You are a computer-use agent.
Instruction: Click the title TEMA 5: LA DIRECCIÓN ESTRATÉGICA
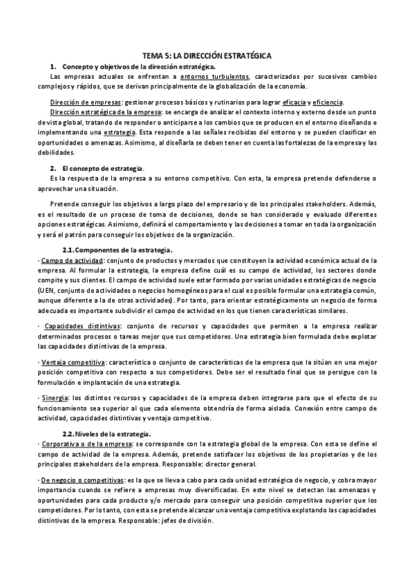click(207, 55)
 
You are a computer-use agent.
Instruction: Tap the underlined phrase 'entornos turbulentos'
click(216, 75)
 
